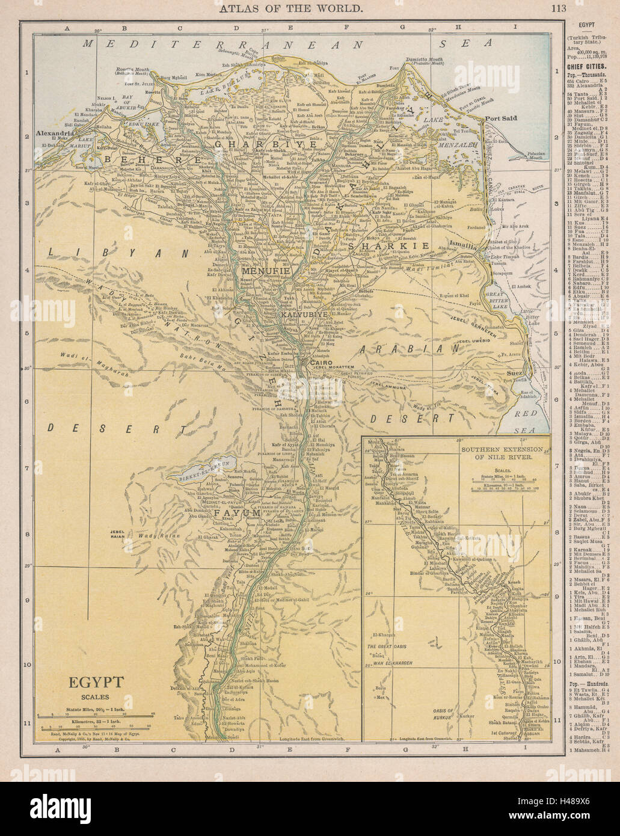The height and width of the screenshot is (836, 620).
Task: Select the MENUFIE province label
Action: click(x=266, y=271)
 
